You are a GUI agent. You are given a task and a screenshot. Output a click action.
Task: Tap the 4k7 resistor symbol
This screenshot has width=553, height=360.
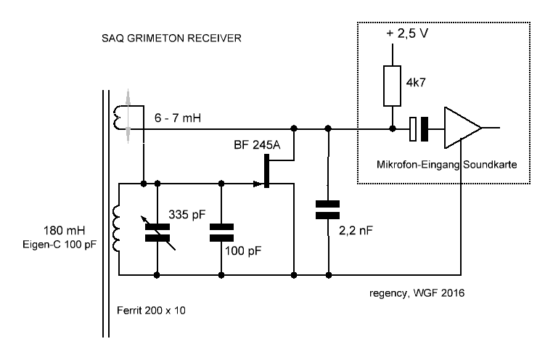(x=393, y=86)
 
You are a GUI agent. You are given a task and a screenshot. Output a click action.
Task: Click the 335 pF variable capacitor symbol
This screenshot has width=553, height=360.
(x=158, y=232)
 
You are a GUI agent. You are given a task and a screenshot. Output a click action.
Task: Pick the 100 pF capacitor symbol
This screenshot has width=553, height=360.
(x=221, y=232)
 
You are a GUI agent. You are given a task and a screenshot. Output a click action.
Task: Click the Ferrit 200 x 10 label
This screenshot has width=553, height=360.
(x=152, y=312)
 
